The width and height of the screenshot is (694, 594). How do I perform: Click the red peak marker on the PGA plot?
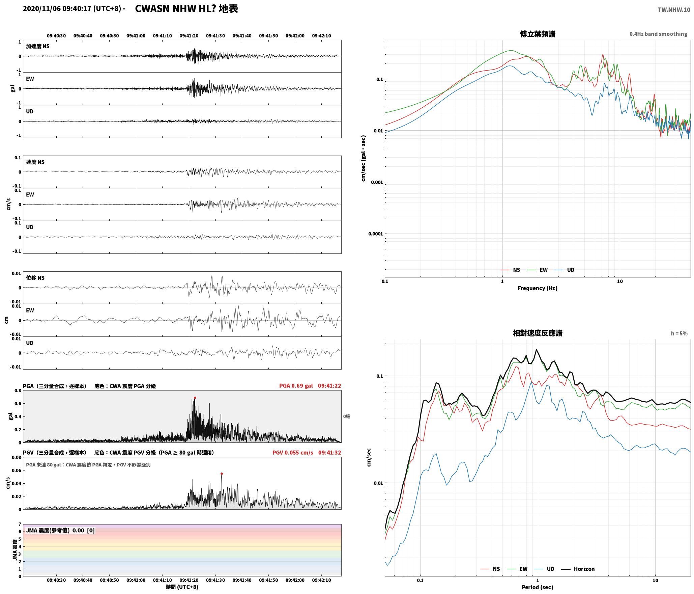click(195, 398)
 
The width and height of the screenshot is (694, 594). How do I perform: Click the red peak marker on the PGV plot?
click(222, 474)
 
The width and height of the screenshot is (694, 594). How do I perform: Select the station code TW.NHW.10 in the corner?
click(674, 10)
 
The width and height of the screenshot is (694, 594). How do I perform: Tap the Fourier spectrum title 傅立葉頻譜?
click(538, 34)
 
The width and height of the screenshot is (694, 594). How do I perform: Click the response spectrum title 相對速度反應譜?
click(538, 333)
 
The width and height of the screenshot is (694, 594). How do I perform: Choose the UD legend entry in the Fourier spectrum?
click(565, 270)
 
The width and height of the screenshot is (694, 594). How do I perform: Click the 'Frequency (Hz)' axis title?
click(538, 288)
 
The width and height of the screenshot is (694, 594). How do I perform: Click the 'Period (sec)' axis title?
click(538, 587)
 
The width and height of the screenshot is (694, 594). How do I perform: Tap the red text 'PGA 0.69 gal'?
click(296, 386)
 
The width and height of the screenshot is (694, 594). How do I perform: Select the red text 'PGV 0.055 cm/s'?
click(293, 453)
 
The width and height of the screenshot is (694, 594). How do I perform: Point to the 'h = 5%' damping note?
click(679, 333)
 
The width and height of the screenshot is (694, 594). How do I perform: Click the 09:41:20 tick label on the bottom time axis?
click(189, 580)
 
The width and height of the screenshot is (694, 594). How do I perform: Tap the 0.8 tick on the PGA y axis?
click(18, 391)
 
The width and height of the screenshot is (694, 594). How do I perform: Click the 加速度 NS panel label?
click(38, 46)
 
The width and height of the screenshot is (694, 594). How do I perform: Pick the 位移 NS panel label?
click(35, 278)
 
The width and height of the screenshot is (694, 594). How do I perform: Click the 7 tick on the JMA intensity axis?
click(20, 524)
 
